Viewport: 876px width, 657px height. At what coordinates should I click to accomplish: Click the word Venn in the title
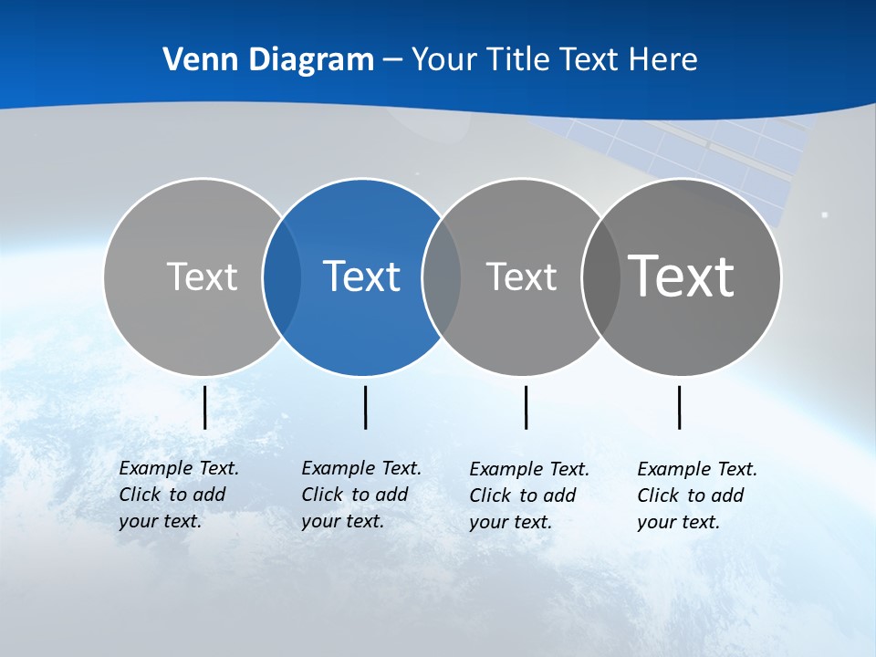(x=193, y=60)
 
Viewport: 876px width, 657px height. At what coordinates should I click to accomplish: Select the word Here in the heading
(x=663, y=60)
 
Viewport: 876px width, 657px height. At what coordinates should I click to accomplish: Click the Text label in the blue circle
(x=362, y=276)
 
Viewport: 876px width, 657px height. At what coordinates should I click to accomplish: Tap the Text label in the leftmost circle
(x=202, y=276)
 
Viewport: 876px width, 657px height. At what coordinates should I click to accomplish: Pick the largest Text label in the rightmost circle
(x=682, y=276)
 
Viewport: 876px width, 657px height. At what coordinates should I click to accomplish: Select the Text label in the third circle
(x=521, y=276)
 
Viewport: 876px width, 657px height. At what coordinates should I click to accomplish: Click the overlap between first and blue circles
(x=282, y=276)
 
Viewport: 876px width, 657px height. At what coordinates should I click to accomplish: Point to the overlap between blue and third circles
(x=442, y=276)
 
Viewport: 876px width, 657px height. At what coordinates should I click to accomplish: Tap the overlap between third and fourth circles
(x=601, y=276)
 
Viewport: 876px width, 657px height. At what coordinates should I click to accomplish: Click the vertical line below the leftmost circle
(x=205, y=407)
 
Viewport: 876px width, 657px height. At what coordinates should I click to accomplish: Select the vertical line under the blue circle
(x=365, y=407)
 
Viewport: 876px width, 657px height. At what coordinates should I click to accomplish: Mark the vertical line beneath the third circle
(x=527, y=407)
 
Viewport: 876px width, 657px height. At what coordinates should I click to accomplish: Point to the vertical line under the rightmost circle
(x=680, y=407)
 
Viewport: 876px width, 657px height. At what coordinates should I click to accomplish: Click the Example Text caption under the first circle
(x=178, y=495)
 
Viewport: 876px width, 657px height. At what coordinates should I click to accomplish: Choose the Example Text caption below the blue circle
(x=360, y=495)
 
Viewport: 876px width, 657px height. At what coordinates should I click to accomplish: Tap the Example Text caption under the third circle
(x=528, y=495)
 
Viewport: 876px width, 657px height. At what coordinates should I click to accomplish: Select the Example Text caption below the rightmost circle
(x=696, y=495)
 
